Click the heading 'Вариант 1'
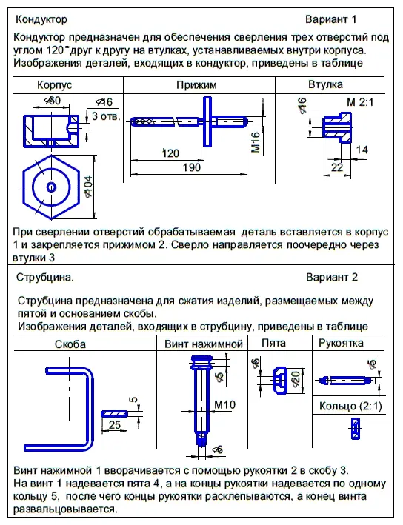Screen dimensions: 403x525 click(x=330, y=19)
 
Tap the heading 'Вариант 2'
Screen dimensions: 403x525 click(x=332, y=277)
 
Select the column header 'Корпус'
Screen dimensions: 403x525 click(x=55, y=85)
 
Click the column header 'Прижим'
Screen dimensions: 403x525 click(x=196, y=85)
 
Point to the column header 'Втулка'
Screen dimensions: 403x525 click(x=325, y=84)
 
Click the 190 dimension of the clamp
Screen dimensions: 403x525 click(x=192, y=167)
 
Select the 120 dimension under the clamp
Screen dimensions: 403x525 click(x=171, y=153)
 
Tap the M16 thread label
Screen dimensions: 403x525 click(x=256, y=142)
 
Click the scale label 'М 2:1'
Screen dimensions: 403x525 click(x=360, y=101)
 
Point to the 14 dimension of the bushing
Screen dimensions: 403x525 click(x=362, y=150)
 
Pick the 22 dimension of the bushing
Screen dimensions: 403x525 click(x=337, y=167)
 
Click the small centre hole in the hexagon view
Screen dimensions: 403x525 click(x=51, y=187)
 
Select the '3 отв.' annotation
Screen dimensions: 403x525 click(x=106, y=116)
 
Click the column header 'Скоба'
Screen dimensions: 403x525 click(x=70, y=344)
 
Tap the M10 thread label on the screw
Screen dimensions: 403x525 click(x=224, y=404)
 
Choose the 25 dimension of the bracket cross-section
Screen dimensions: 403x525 click(x=115, y=424)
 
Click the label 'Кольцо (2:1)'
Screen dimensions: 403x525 click(x=350, y=406)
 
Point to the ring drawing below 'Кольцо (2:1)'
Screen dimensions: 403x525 click(x=356, y=428)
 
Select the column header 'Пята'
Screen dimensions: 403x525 click(x=273, y=343)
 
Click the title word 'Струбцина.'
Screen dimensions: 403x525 click(x=45, y=278)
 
